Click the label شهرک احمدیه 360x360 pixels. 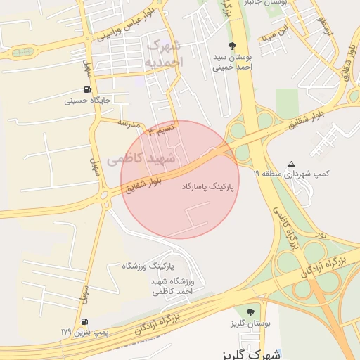[166, 53]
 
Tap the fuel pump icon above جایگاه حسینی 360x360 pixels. [87, 89]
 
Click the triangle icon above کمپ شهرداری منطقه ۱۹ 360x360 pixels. [292, 163]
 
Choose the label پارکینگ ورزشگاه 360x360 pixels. [147, 266]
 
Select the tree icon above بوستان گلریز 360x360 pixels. [249, 311]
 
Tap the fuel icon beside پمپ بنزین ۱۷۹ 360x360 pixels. [84, 322]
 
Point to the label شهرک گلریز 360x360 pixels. [245, 353]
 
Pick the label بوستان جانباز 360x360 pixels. [259, 3]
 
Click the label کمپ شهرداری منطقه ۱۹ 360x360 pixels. [297, 173]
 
